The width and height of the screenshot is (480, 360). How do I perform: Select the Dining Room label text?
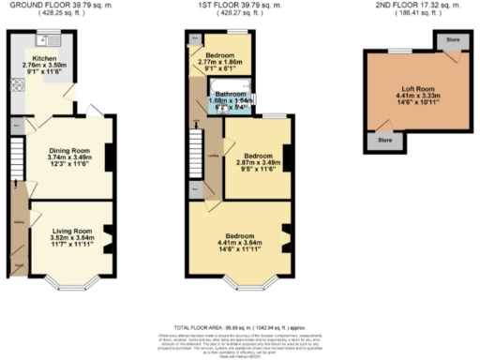(68, 150)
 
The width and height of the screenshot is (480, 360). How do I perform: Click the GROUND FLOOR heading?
(62, 7)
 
